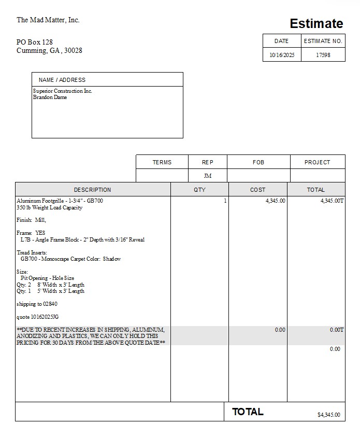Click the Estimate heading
(316, 24)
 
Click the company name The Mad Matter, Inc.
(48, 20)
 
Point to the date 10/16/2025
(282, 55)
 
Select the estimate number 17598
(323, 55)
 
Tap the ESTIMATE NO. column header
(323, 41)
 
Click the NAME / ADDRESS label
(62, 80)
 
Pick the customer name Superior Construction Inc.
(63, 91)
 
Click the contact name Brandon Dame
(50, 97)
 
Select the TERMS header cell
(162, 162)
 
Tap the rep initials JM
(207, 176)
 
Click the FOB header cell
(258, 162)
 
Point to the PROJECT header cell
(317, 162)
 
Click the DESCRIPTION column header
(92, 190)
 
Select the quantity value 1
(225, 201)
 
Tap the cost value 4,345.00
(275, 201)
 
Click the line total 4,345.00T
(332, 201)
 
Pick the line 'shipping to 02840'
(37, 304)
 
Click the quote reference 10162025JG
(38, 317)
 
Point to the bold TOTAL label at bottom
(248, 412)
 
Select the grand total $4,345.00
(328, 415)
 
